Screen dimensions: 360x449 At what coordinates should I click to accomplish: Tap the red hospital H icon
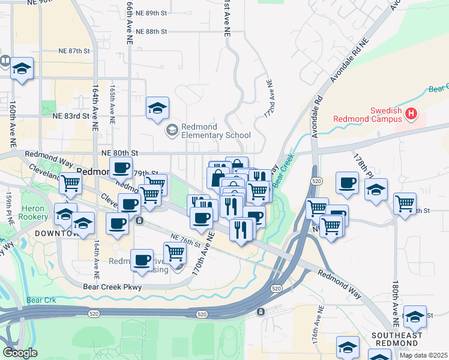point(411,113)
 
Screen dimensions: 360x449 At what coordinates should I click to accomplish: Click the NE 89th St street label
point(151,13)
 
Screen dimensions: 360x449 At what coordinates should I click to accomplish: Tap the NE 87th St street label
point(74,51)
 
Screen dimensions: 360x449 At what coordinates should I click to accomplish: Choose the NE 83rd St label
point(71,116)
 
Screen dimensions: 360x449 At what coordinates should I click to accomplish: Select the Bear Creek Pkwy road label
point(112,287)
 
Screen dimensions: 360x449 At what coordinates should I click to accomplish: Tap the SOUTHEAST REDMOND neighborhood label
point(397,339)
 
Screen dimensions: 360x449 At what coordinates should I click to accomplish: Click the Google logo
point(20,353)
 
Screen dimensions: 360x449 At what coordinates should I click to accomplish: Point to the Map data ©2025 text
point(423,355)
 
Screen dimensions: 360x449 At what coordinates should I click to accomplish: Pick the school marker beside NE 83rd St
point(158,109)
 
